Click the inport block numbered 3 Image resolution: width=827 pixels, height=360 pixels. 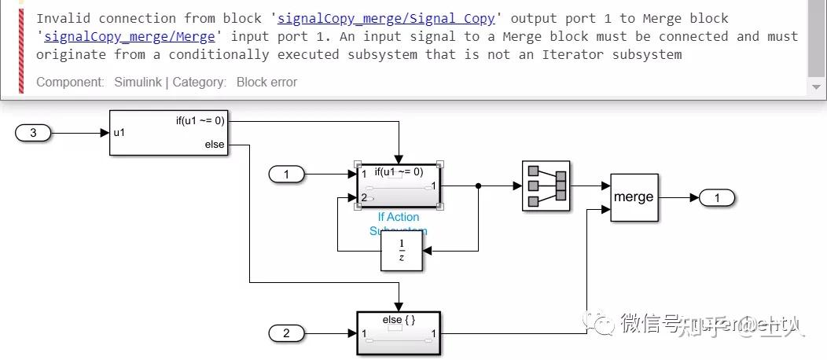[x=33, y=133]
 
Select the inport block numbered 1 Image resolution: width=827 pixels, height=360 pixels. [x=286, y=174]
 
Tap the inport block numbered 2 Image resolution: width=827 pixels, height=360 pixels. [x=286, y=333]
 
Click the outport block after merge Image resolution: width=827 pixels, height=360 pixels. [x=717, y=198]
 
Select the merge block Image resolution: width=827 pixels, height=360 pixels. [x=634, y=197]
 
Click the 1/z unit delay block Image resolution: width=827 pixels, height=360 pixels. [x=401, y=252]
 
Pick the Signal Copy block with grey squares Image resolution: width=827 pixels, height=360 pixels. [x=546, y=186]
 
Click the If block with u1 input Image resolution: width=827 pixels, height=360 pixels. [x=168, y=133]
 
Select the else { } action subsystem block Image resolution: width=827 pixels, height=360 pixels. [x=399, y=333]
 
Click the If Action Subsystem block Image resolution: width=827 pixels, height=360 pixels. [x=399, y=186]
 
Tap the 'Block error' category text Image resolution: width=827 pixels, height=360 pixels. [x=266, y=82]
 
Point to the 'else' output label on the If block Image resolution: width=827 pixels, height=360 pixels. [x=214, y=145]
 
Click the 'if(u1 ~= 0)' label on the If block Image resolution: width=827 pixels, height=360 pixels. [x=200, y=121]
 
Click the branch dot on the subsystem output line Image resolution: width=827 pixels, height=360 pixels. [x=478, y=186]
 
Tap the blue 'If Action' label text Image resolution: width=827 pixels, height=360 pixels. [x=399, y=217]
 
